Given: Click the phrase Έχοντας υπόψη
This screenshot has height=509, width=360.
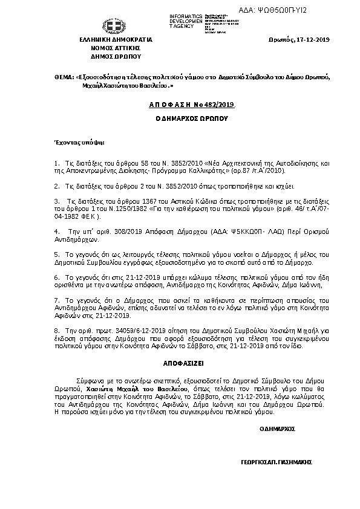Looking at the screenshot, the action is click(71, 143).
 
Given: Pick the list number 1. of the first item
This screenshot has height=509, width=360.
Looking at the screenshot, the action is click(56, 164).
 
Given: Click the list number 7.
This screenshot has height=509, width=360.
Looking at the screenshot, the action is click(56, 299).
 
